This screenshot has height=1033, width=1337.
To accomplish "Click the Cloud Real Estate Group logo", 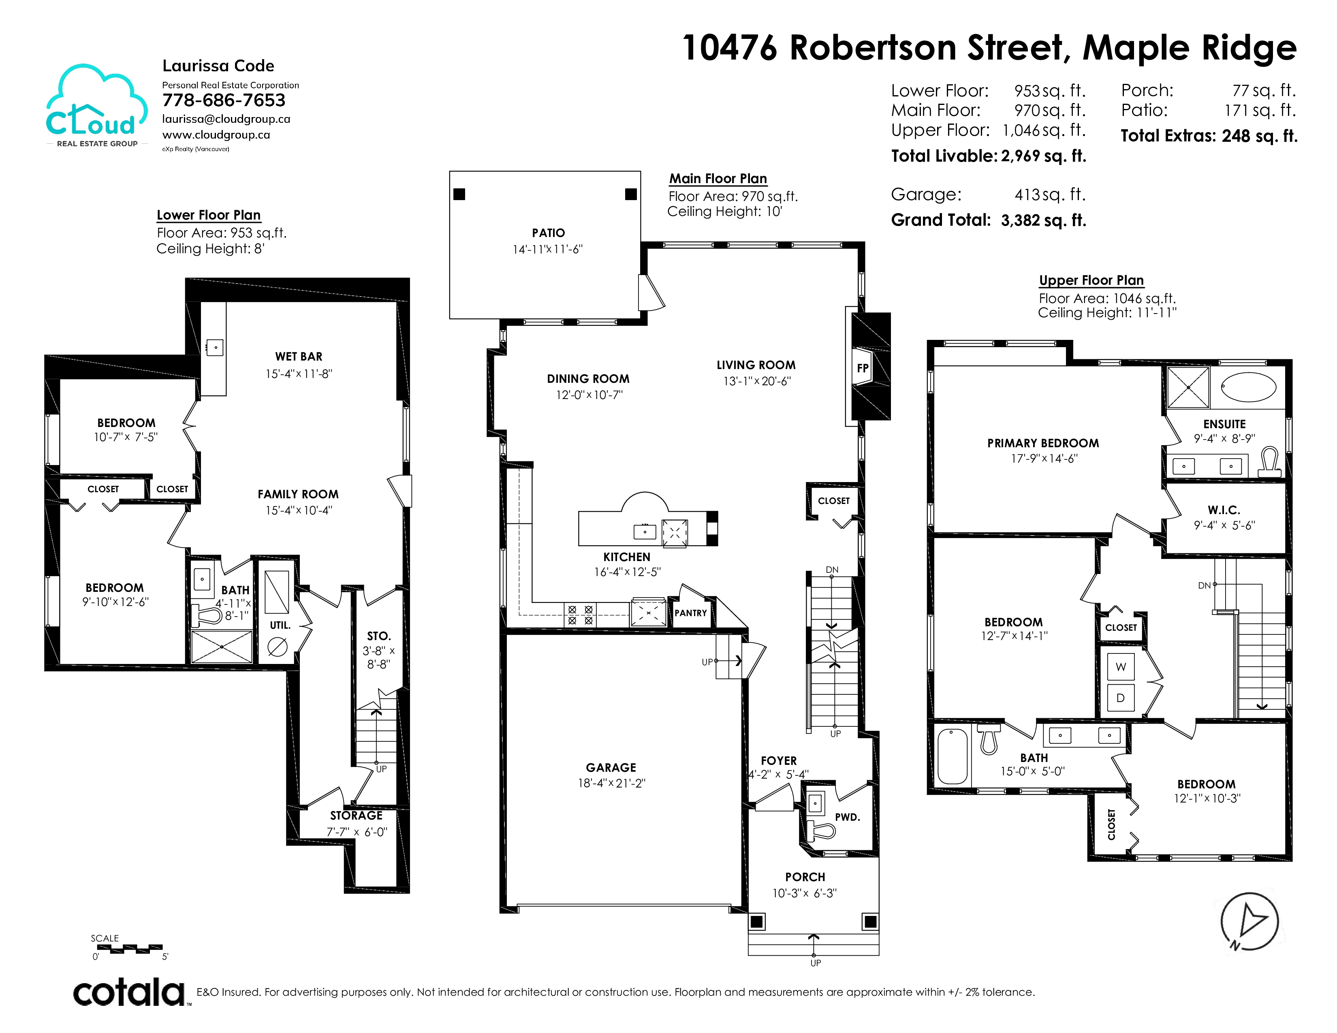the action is pyautogui.click(x=97, y=106).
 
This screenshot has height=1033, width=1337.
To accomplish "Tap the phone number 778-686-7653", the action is pyautogui.click(x=224, y=100).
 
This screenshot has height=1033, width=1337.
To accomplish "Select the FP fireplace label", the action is pyautogui.click(x=863, y=368).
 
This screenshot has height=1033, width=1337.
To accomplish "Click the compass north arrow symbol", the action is pyautogui.click(x=1249, y=921).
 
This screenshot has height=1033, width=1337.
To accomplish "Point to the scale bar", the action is pyautogui.click(x=130, y=949).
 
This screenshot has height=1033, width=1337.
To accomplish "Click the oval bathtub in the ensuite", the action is pyautogui.click(x=1248, y=387).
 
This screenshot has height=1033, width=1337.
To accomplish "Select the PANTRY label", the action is pyautogui.click(x=690, y=613).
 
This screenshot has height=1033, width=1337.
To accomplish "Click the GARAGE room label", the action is pyautogui.click(x=611, y=767).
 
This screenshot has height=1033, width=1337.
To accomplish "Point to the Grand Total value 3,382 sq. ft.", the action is pyautogui.click(x=1044, y=220).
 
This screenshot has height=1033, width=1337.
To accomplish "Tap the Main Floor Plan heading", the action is pyautogui.click(x=718, y=179).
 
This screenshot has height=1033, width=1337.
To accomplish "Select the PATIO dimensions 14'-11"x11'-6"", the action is pyautogui.click(x=548, y=249).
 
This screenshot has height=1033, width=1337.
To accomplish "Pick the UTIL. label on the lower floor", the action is pyautogui.click(x=280, y=625).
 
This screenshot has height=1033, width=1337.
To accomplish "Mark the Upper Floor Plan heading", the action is pyautogui.click(x=1091, y=280).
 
